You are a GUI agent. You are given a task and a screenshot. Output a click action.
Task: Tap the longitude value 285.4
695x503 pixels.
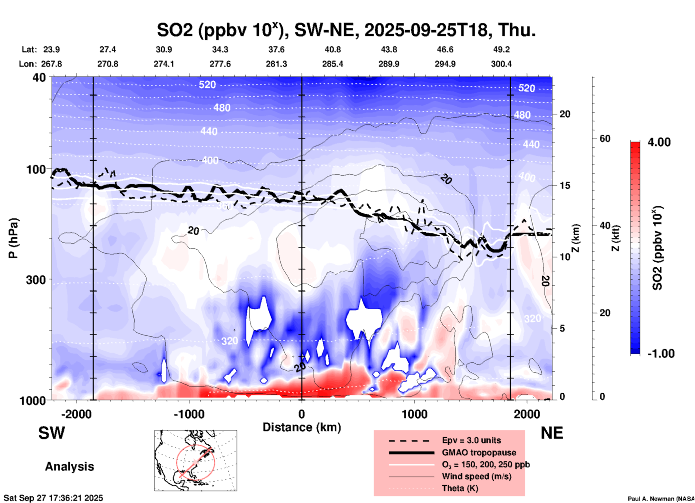click(332, 64)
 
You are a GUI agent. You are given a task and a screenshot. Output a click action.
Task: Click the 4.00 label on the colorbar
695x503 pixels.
click(659, 142)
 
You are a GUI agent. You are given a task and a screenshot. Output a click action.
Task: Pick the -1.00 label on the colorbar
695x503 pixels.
click(661, 354)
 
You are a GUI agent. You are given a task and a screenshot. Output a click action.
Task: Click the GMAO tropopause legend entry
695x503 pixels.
click(478, 452)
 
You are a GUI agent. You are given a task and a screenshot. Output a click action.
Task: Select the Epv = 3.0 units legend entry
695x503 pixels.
click(471, 440)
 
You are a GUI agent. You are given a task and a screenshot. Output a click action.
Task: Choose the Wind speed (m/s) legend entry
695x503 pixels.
click(476, 476)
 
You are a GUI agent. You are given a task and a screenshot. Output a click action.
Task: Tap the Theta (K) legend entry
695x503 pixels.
click(460, 489)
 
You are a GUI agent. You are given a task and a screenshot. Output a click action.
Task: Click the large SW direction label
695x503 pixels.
click(52, 433)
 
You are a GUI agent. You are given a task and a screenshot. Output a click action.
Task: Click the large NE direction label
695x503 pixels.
click(551, 433)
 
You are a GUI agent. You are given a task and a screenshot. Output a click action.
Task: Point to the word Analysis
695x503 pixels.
click(69, 467)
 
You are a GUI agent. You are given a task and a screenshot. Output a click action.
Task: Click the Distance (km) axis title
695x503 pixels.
click(302, 427)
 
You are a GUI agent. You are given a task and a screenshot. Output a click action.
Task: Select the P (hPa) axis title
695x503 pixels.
click(13, 238)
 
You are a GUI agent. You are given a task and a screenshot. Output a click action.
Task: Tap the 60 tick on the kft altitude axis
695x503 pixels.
click(605, 139)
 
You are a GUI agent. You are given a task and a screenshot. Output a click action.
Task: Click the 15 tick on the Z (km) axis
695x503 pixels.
click(565, 185)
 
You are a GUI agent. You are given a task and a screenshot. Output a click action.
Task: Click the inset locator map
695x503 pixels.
click(196, 460)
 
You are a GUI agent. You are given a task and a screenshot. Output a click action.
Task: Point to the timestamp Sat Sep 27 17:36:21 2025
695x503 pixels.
click(53, 498)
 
